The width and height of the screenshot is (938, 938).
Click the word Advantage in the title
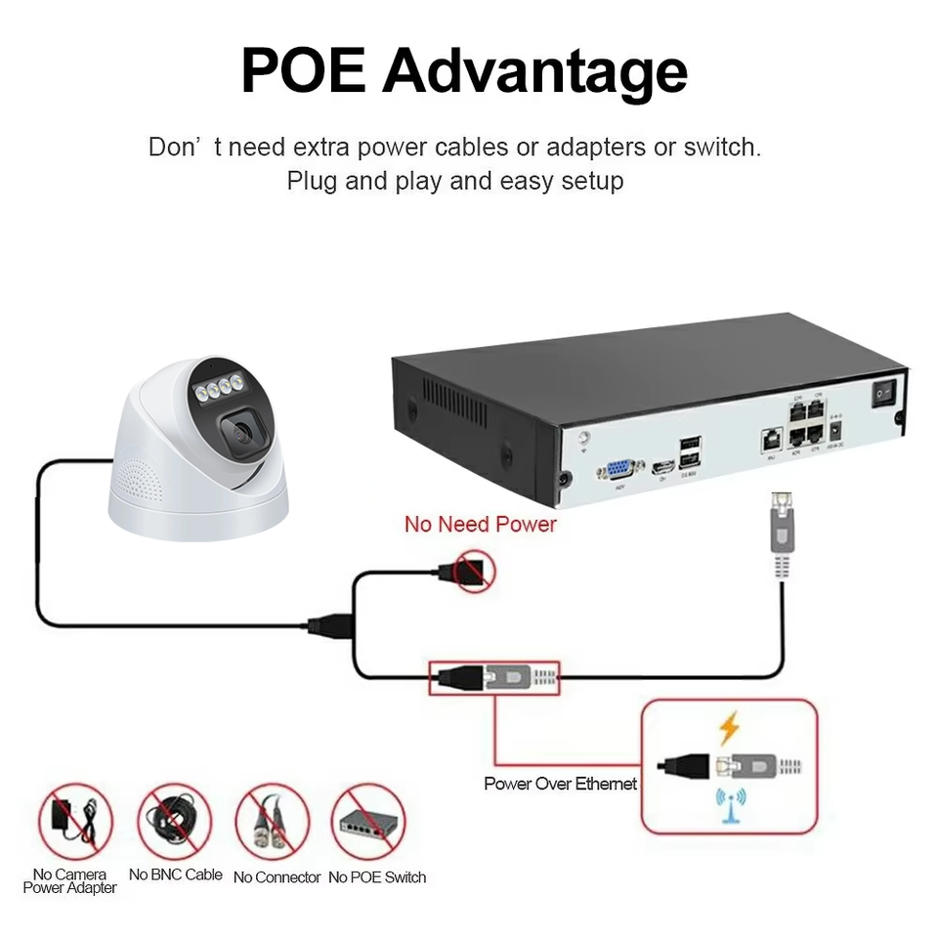tap(534, 71)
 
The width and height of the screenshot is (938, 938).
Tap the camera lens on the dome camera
tap(241, 431)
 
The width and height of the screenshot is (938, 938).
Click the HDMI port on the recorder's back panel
tap(663, 466)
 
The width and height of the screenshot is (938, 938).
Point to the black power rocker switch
tap(882, 392)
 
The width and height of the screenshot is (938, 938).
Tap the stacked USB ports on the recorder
tap(690, 451)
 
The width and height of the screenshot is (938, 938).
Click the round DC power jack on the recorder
tap(836, 429)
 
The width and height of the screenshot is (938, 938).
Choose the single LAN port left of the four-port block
tap(770, 439)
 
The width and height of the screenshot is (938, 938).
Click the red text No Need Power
tap(480, 524)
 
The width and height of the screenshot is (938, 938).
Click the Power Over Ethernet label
tap(560, 783)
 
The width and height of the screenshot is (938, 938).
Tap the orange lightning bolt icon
tap(729, 728)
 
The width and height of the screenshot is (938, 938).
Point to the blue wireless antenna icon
tap(729, 803)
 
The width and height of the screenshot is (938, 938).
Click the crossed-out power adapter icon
tap(73, 819)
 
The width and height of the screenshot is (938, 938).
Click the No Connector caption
tap(277, 877)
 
